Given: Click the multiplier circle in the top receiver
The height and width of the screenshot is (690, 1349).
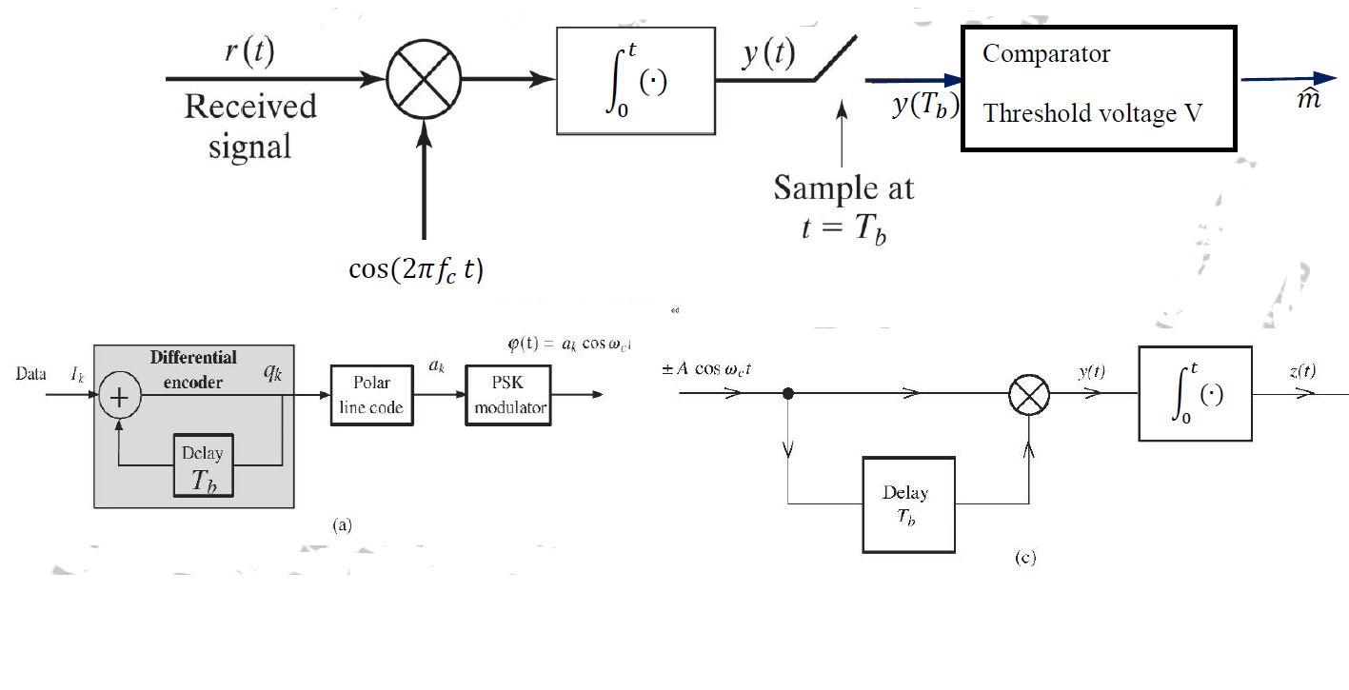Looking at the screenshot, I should tap(424, 79).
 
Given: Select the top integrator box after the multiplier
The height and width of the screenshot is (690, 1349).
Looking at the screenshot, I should tap(635, 81).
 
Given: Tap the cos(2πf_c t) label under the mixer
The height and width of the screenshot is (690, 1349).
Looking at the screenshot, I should tap(416, 269).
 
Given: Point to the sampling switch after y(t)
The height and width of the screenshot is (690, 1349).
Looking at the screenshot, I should tap(835, 60).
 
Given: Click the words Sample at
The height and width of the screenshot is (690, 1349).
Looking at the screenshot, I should tap(843, 187).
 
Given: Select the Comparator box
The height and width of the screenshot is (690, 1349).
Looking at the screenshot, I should tap(1099, 89).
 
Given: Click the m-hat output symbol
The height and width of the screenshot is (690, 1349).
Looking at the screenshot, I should tap(1310, 98).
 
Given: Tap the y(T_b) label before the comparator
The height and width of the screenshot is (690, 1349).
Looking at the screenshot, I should tap(924, 105).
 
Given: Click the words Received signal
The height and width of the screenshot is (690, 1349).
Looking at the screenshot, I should tap(249, 125).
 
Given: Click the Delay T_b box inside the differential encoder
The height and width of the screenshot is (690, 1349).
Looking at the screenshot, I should tap(203, 465).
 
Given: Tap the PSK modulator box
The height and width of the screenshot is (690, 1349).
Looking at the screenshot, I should tap(508, 395).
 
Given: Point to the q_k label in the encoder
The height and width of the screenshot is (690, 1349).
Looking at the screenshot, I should tap(273, 372).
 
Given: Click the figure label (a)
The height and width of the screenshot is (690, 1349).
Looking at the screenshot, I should tap(342, 524).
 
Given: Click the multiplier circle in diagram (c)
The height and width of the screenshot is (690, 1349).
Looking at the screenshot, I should tap(1028, 394).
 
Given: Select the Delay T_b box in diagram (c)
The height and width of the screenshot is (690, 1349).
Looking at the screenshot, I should tap(908, 504).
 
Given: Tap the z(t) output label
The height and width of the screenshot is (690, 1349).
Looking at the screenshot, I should tap(1302, 371).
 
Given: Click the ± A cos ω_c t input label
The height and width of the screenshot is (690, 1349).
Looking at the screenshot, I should tap(706, 368).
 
